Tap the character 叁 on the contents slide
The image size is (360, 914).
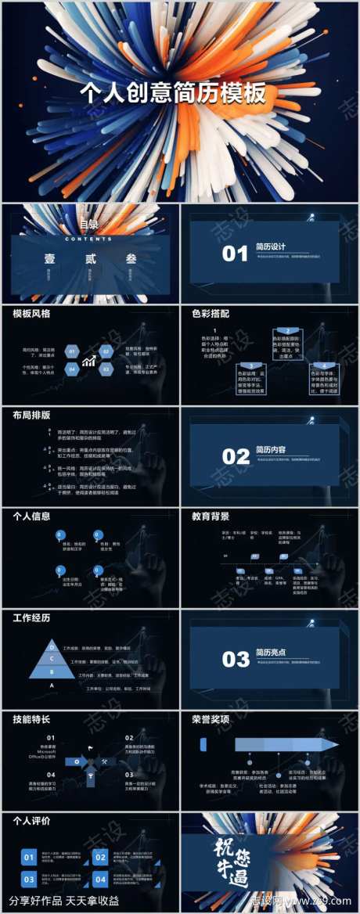(x=130, y=257)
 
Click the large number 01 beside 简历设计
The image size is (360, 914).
(x=235, y=254)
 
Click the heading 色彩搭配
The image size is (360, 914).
(x=211, y=314)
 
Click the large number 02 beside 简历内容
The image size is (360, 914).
(x=236, y=456)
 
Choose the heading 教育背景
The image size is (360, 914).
(x=211, y=516)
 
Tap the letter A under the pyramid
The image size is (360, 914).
(x=52, y=685)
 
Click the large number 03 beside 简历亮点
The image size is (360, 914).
(x=236, y=659)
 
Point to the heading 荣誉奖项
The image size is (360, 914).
(x=211, y=719)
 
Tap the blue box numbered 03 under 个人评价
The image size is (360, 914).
(x=29, y=879)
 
